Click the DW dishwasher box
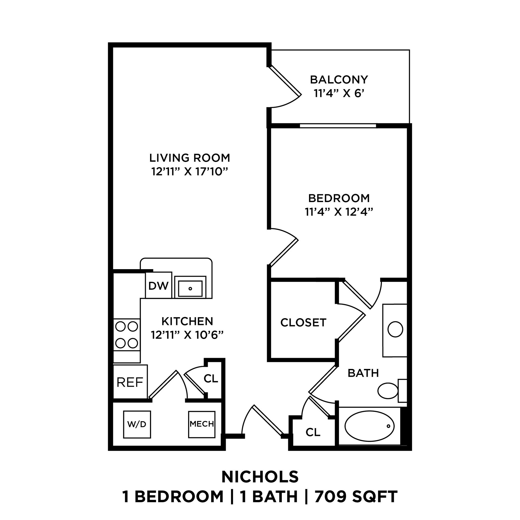(158, 286)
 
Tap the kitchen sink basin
(190, 288)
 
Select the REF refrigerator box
(130, 382)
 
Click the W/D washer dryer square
(137, 425)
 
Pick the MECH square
(202, 424)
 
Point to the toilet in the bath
(388, 391)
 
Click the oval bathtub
(369, 426)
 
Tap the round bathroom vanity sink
(395, 329)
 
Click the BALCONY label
(339, 80)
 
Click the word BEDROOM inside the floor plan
(339, 198)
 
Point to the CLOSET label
(303, 322)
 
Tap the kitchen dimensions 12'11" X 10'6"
(187, 335)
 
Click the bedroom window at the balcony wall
(338, 126)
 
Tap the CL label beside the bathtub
(313, 432)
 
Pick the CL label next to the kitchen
(211, 379)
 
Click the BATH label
(363, 373)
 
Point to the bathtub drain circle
(388, 426)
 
